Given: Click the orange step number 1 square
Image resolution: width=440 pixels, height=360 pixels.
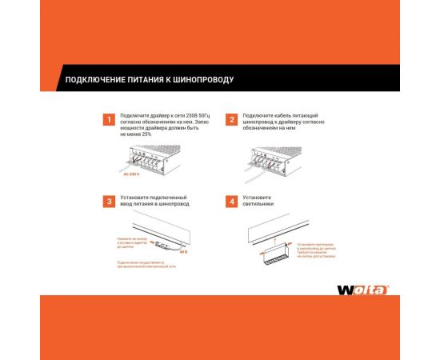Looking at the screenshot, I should pyautogui.click(x=108, y=120).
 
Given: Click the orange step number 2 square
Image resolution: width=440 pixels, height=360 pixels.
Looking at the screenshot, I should pyautogui.click(x=232, y=120).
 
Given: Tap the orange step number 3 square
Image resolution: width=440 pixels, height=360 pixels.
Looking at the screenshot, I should pyautogui.click(x=108, y=201).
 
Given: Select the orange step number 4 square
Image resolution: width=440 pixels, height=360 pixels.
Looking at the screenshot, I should pyautogui.click(x=232, y=201).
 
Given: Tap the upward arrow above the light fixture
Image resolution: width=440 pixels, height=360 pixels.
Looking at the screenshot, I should pyautogui.click(x=272, y=243).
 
